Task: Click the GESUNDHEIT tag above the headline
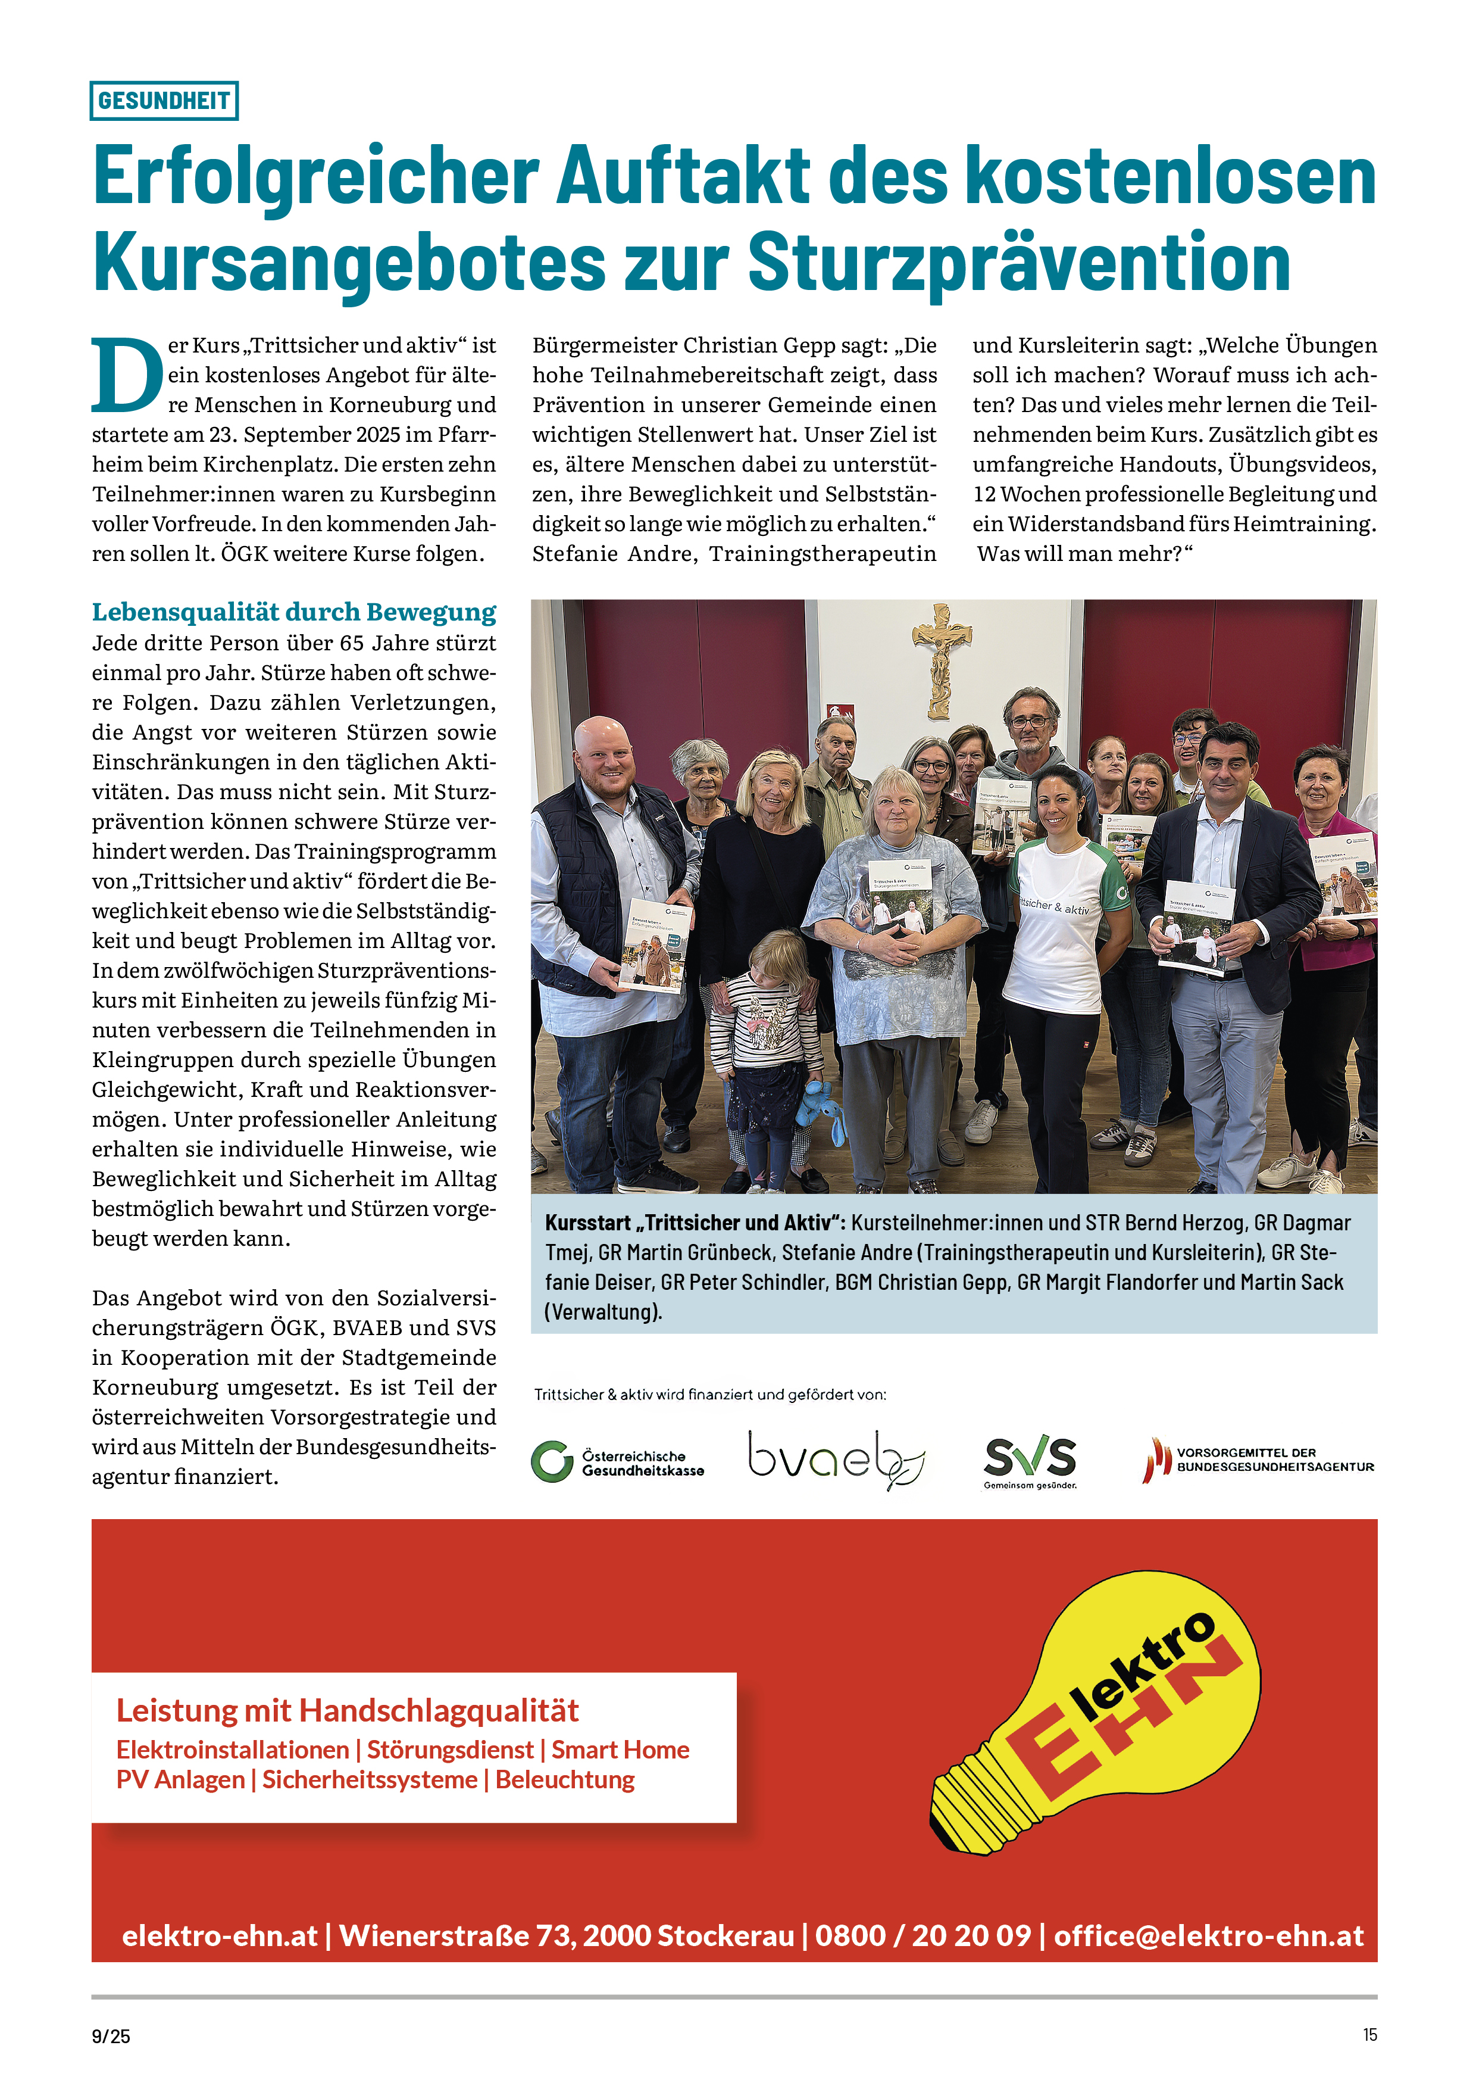pyautogui.click(x=164, y=100)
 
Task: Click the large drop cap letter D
pyautogui.click(x=126, y=375)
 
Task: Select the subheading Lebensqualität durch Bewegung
pyautogui.click(x=294, y=612)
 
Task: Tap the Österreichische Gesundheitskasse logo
pyautogui.click(x=618, y=1462)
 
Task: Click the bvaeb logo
pyautogui.click(x=836, y=1460)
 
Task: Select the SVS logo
pyautogui.click(x=1030, y=1460)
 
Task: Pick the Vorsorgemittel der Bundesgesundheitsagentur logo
pyautogui.click(x=1259, y=1460)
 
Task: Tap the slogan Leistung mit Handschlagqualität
pyautogui.click(x=348, y=1710)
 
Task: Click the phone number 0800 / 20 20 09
pyautogui.click(x=923, y=1935)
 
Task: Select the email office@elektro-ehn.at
pyautogui.click(x=1209, y=1935)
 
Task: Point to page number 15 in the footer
pyautogui.click(x=1369, y=2034)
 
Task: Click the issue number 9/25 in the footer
pyautogui.click(x=111, y=2036)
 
